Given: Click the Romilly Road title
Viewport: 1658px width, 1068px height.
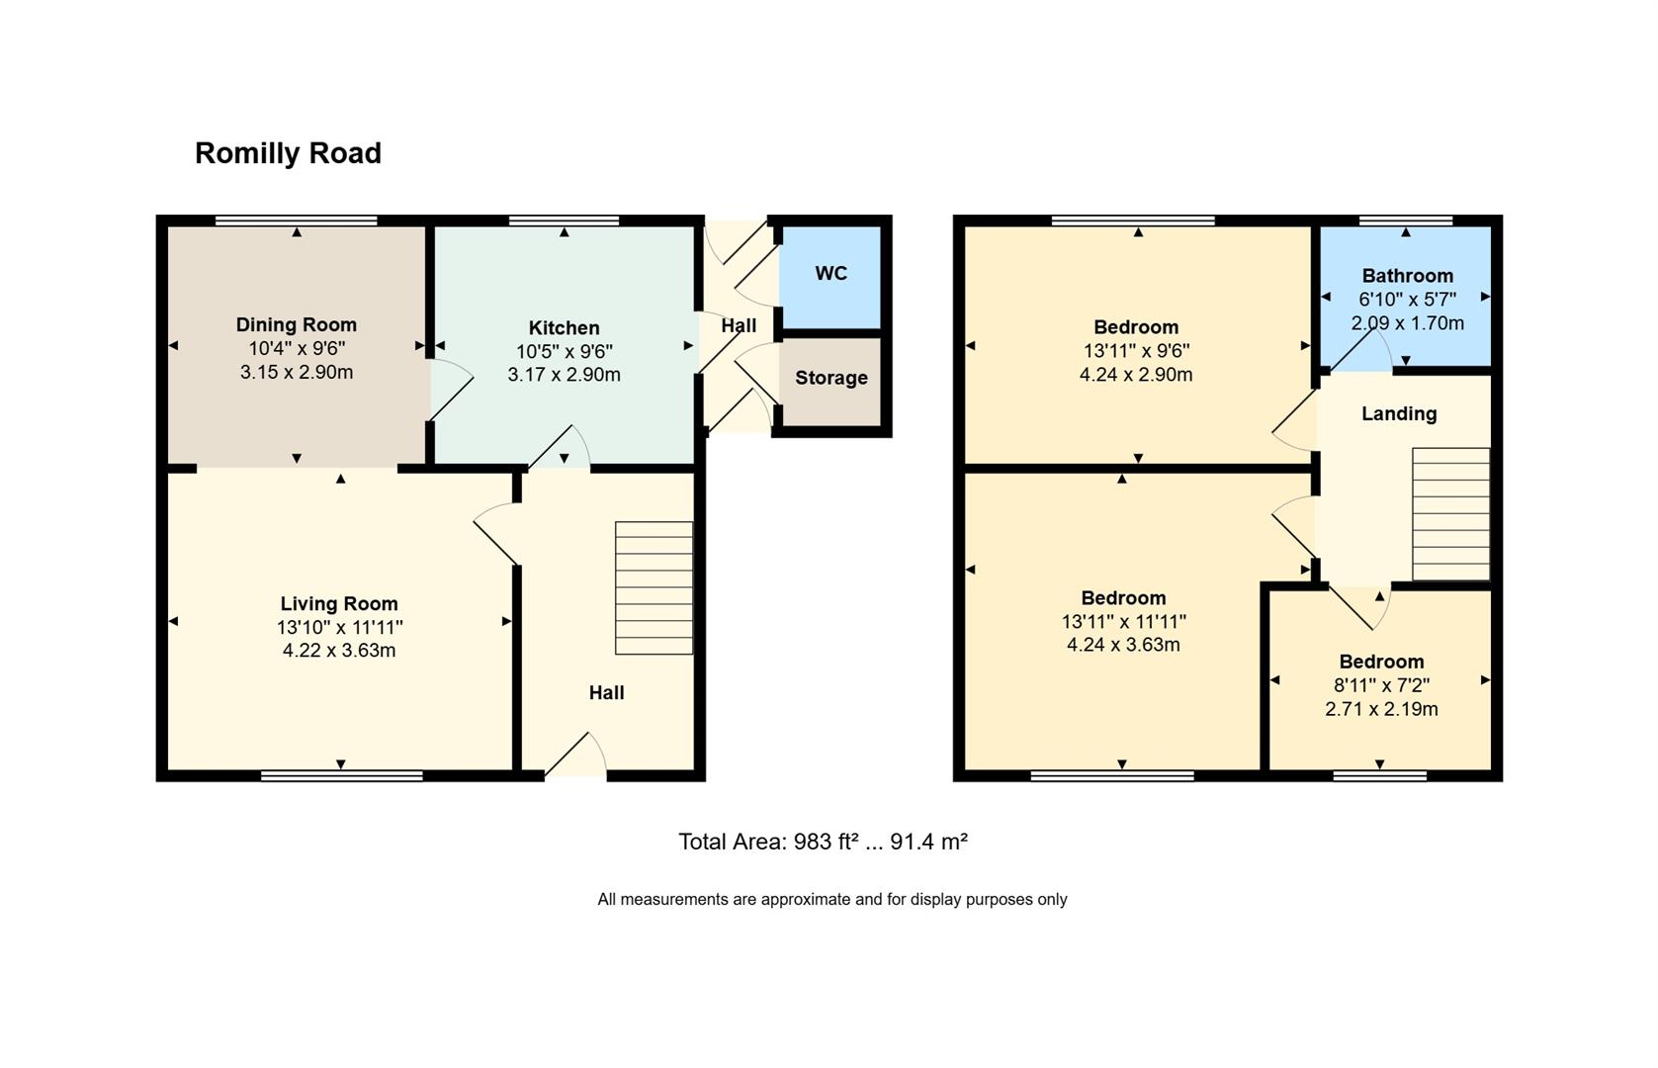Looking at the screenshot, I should click(x=288, y=153).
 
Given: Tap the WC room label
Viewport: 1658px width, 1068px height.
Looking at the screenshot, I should click(x=830, y=274).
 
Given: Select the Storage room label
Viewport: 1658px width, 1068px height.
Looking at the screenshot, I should click(x=830, y=378).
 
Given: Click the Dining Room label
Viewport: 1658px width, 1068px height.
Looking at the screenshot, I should click(x=296, y=324).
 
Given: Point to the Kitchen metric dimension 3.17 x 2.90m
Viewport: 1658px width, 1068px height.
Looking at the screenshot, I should click(x=564, y=375).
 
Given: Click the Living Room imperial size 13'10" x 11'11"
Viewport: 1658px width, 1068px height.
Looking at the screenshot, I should click(x=339, y=627).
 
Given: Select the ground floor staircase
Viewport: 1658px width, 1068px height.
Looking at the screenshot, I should click(x=654, y=587).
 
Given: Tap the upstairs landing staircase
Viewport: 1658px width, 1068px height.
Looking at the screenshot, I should click(x=1450, y=513).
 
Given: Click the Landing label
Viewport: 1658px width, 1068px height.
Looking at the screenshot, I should click(x=1398, y=413).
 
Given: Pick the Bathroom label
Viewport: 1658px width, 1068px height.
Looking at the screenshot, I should click(x=1407, y=276).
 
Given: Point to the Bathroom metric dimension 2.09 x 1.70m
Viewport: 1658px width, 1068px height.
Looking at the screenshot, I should click(x=1407, y=323).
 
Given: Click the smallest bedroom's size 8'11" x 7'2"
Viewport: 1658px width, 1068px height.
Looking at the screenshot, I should click(x=1381, y=685).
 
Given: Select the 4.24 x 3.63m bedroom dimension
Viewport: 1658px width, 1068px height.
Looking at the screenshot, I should click(x=1122, y=645).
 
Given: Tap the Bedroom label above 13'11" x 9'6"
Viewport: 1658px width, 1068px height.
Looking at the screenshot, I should click(x=1135, y=327).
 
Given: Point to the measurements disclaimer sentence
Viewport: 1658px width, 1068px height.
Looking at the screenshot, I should click(x=831, y=900).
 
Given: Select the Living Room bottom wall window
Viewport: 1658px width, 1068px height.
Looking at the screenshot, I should click(x=341, y=776).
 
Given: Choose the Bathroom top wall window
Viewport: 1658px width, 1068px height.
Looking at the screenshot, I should click(x=1405, y=221).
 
